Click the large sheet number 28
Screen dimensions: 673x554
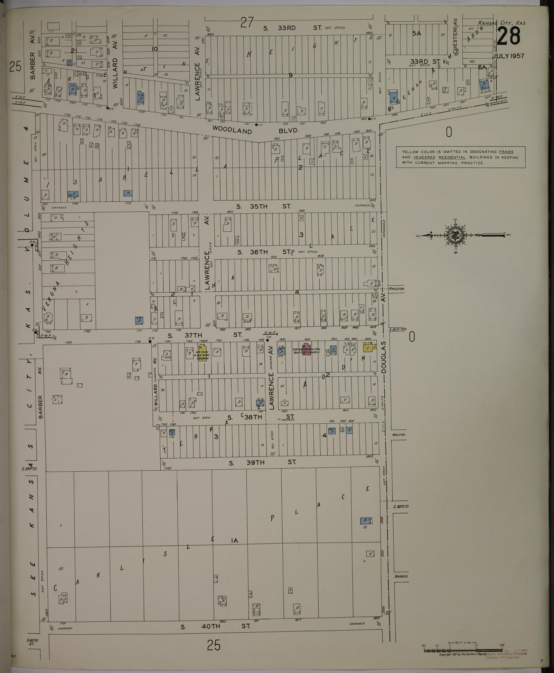[509, 36]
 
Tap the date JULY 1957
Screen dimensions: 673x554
[508, 56]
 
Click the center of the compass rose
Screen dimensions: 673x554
[454, 235]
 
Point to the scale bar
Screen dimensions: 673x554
[462, 650]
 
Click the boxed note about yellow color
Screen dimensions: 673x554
[460, 157]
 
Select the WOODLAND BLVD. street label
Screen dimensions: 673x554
[255, 131]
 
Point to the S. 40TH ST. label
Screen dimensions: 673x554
[216, 626]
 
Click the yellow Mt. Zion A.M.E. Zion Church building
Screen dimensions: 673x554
[203, 354]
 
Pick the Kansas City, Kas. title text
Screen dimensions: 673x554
[502, 23]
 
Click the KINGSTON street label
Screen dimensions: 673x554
[396, 289]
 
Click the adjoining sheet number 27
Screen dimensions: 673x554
[247, 23]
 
